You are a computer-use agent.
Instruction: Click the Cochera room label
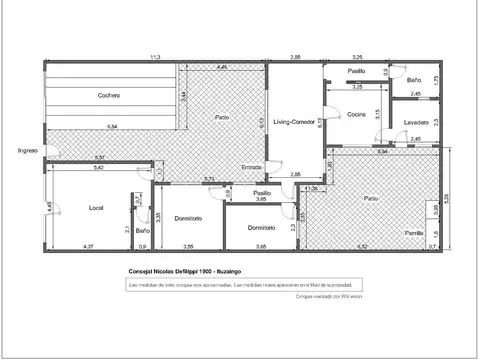click(x=110, y=96)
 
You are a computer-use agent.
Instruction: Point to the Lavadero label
click(x=417, y=122)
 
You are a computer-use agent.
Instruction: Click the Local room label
click(x=97, y=207)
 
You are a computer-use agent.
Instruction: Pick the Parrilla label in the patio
click(x=414, y=233)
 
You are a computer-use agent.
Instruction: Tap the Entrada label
click(x=253, y=168)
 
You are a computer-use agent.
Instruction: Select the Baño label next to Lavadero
click(x=415, y=79)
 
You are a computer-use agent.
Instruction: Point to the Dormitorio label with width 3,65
click(x=262, y=228)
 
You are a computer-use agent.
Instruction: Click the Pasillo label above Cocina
click(x=356, y=72)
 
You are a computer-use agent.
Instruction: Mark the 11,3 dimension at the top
click(x=155, y=58)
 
